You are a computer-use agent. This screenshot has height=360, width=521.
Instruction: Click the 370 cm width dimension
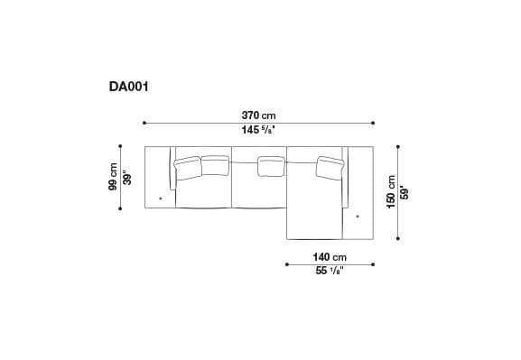(258, 115)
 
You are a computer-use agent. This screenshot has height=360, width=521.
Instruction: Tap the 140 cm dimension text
(330, 256)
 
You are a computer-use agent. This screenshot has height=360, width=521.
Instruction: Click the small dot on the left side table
(161, 198)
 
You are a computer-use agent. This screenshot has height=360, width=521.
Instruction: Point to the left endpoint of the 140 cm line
(286, 264)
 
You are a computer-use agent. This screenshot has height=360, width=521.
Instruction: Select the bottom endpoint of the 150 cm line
(397, 240)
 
